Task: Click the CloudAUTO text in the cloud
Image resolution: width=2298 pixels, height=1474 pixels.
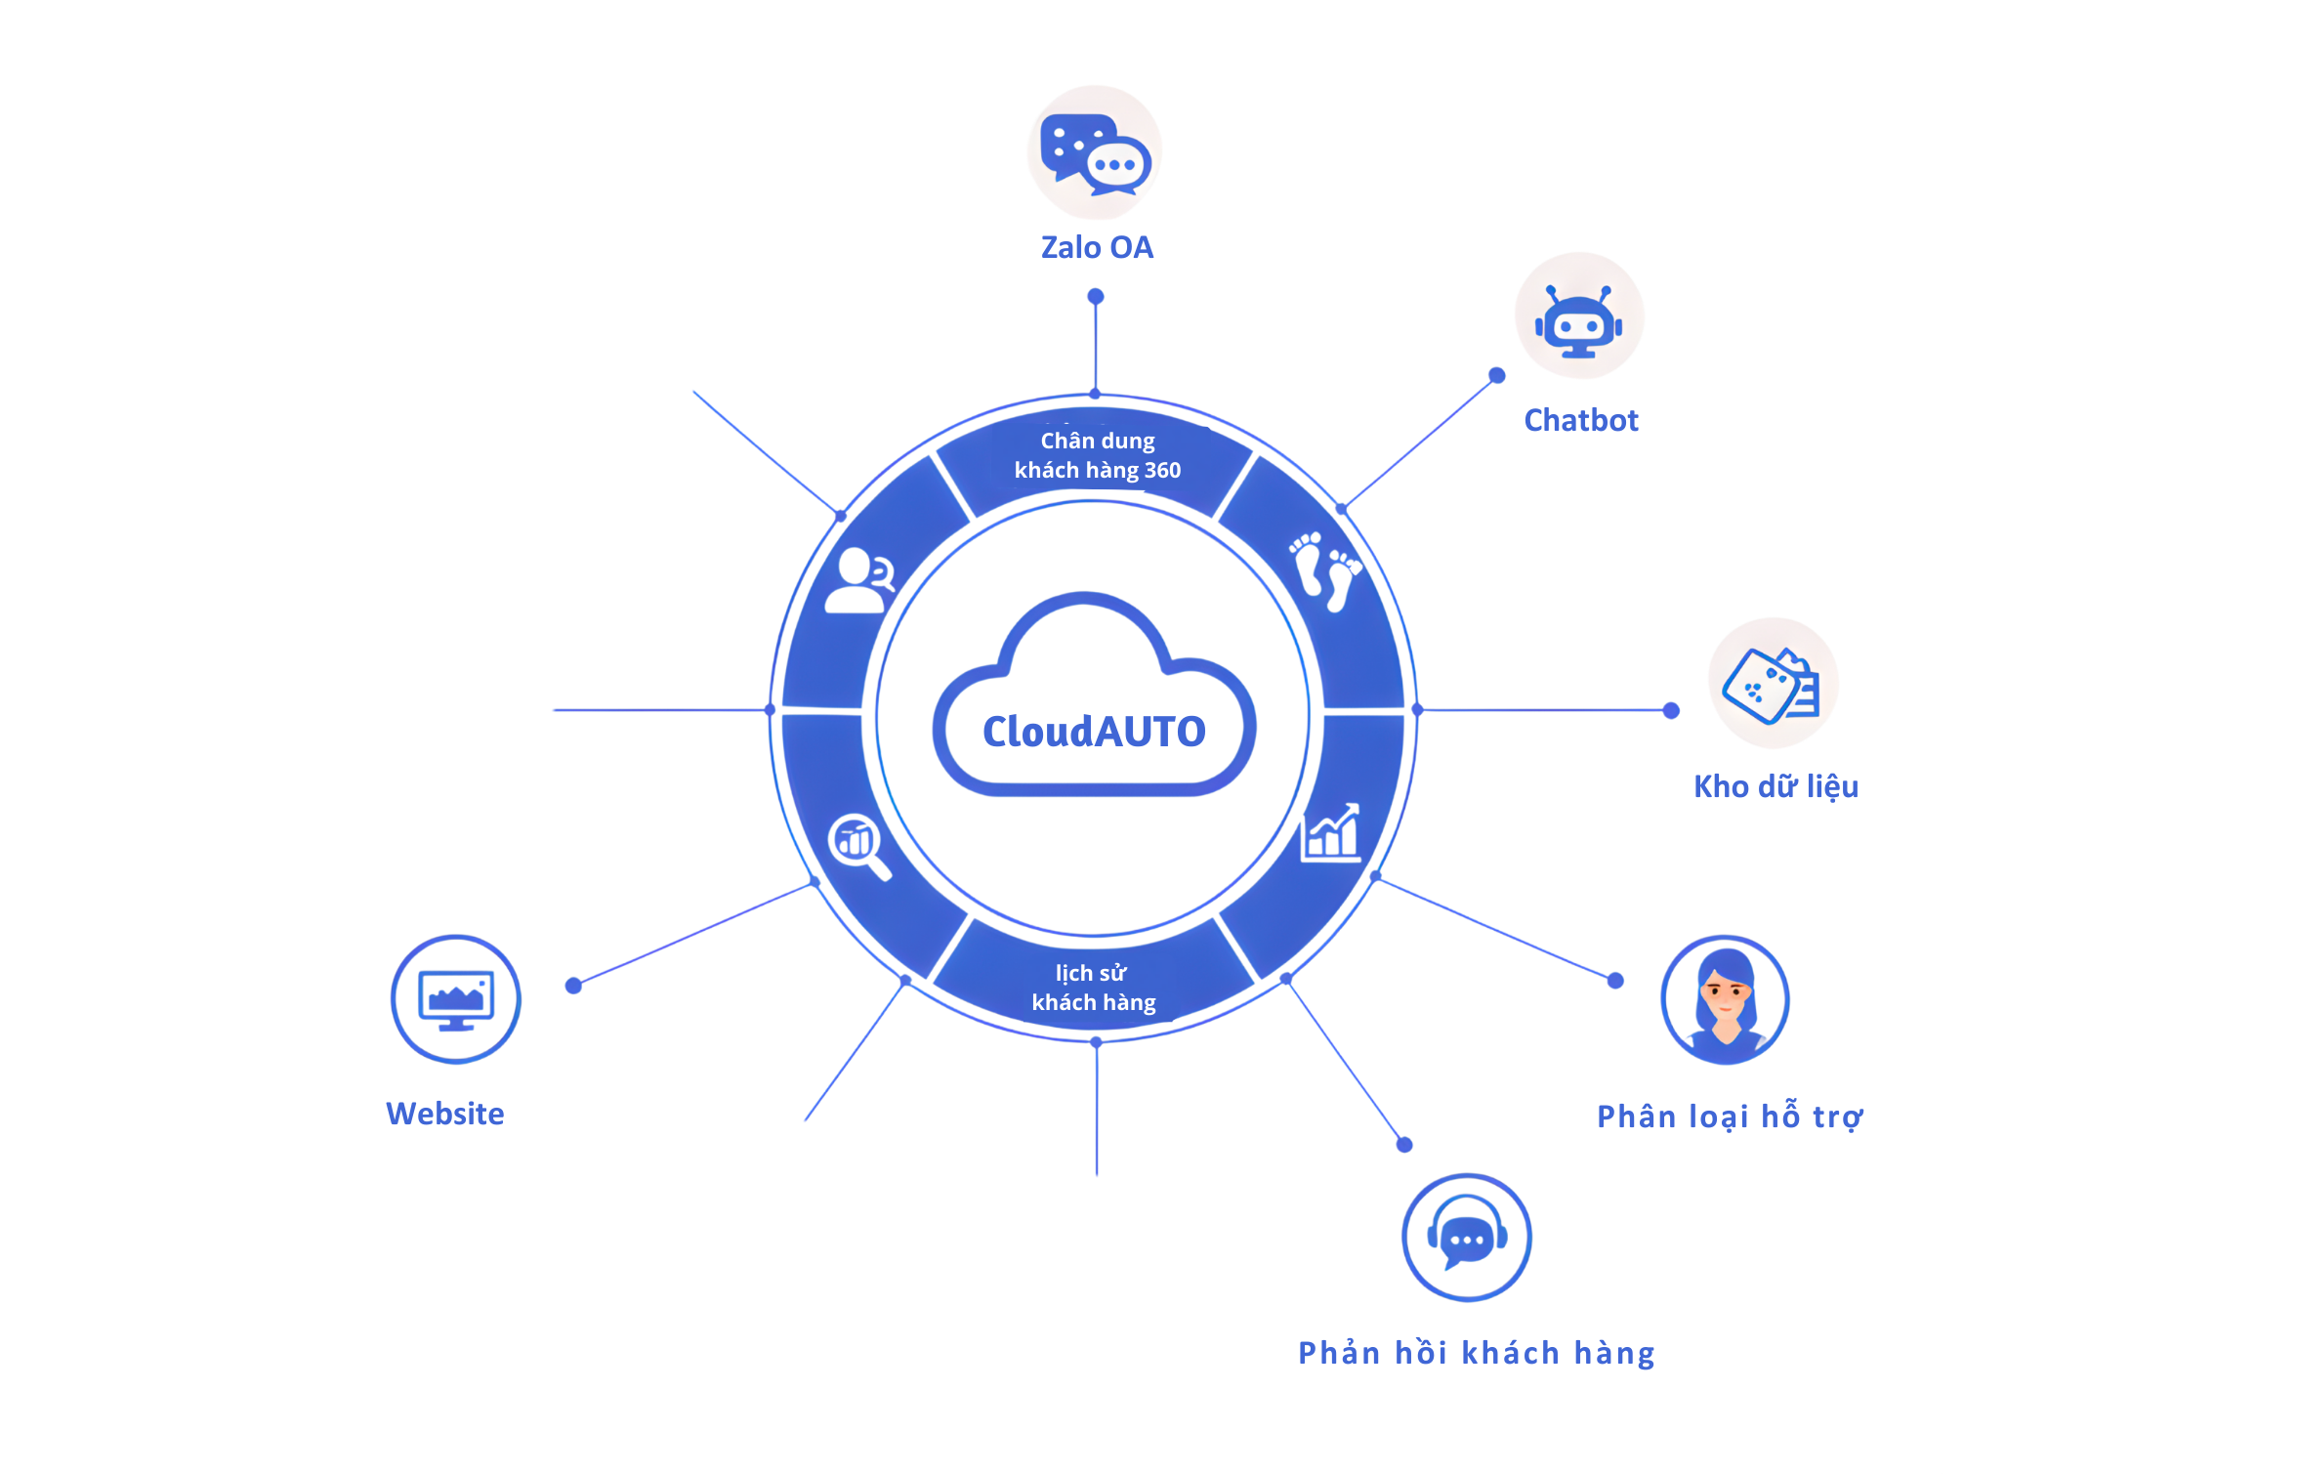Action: click(x=1094, y=732)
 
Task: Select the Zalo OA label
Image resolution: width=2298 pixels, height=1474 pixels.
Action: click(x=1097, y=248)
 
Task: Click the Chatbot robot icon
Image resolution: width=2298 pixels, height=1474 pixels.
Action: click(x=1579, y=317)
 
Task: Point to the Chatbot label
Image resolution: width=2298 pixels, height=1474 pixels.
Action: click(x=1581, y=421)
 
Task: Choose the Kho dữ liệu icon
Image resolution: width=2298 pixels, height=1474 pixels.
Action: click(x=1773, y=684)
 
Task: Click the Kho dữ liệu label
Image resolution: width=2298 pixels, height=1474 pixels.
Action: click(x=1776, y=787)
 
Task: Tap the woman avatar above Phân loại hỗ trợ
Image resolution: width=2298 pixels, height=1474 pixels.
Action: click(x=1725, y=1000)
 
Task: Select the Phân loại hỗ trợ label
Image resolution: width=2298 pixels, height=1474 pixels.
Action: click(x=1730, y=1116)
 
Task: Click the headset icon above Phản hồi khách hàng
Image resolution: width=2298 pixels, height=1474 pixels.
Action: click(x=1467, y=1238)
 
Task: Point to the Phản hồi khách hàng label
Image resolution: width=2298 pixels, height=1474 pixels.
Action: click(x=1476, y=1354)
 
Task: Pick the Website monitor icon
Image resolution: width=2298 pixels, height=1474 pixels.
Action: click(x=456, y=999)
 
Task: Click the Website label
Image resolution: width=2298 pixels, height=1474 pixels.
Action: click(x=445, y=1115)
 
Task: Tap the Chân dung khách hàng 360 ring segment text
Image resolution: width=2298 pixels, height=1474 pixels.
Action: click(x=1097, y=456)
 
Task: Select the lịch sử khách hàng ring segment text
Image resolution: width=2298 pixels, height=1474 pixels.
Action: click(x=1093, y=988)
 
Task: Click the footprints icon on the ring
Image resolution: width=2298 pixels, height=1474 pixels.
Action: click(x=1326, y=571)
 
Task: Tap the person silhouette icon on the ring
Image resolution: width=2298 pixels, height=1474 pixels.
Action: click(x=858, y=580)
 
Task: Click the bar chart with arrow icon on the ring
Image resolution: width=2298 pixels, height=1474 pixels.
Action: click(x=1330, y=833)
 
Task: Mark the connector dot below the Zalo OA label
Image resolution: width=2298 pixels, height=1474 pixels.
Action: click(x=1096, y=296)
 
